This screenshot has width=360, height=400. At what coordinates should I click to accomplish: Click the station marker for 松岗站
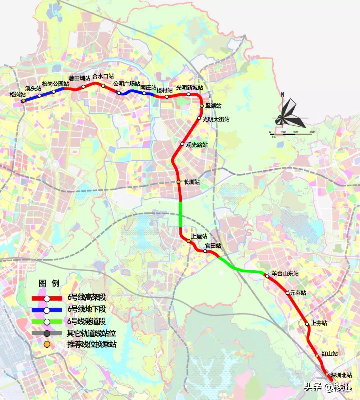click(23, 101)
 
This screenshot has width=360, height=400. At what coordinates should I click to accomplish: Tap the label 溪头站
click(33, 89)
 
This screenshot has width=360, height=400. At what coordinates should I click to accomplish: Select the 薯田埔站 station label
click(79, 78)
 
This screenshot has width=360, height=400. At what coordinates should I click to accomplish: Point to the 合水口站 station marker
click(103, 86)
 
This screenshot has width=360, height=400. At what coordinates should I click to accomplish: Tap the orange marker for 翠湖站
click(202, 106)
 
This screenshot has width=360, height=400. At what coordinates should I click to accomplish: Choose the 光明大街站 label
click(216, 119)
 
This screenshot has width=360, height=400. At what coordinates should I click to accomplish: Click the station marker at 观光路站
click(182, 144)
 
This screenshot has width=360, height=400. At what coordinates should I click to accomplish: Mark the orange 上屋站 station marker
click(189, 241)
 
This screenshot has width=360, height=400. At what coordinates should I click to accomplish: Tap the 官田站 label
click(213, 246)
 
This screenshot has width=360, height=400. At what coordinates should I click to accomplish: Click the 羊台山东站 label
click(285, 274)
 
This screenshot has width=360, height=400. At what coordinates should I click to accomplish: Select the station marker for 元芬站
click(288, 293)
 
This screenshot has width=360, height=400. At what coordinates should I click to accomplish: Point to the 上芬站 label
click(319, 323)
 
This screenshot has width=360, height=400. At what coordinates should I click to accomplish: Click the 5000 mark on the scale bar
click(312, 132)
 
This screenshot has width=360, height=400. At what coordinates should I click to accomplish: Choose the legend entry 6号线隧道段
click(87, 322)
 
